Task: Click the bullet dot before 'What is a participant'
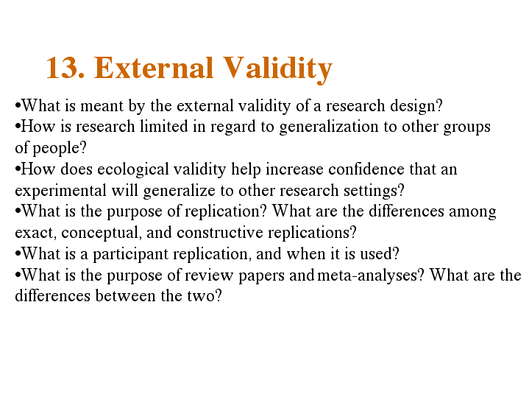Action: coord(18,254)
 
